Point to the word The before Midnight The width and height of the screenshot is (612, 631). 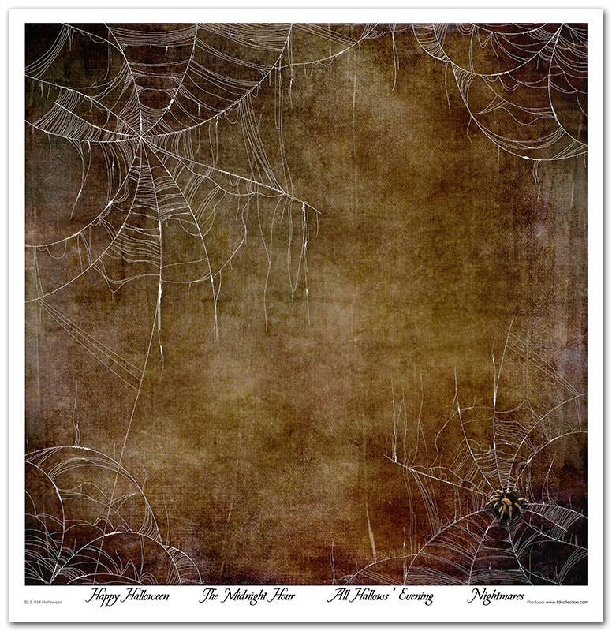(x=208, y=596)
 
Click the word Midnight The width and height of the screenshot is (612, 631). (x=246, y=596)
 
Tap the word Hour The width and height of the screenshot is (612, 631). (x=283, y=596)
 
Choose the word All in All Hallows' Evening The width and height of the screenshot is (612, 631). (x=335, y=596)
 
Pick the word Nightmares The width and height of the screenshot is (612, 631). (x=495, y=596)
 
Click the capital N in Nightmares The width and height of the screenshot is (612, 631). (x=472, y=596)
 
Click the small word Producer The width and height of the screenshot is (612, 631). (x=535, y=602)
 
